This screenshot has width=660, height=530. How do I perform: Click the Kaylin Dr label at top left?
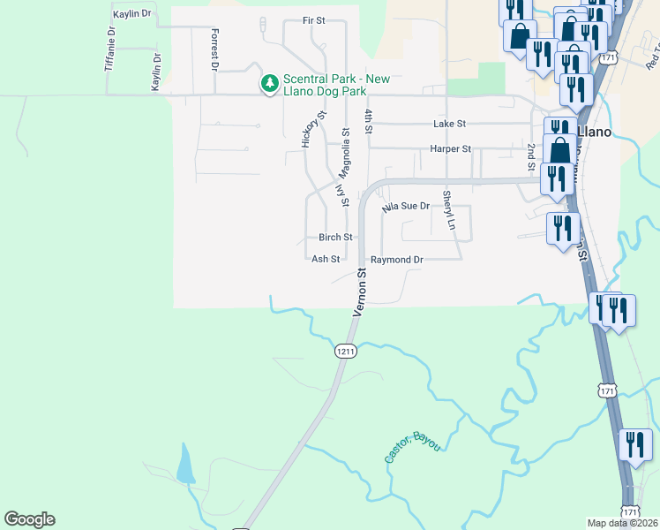coord(132,15)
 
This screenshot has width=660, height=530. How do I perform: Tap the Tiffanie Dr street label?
coord(110,49)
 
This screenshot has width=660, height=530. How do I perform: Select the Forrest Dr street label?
coord(214,49)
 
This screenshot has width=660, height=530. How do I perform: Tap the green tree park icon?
coord(269,85)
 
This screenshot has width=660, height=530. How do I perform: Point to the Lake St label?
coord(449,125)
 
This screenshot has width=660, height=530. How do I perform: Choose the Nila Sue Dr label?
coord(405,207)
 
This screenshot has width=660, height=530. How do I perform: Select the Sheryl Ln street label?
coord(448,210)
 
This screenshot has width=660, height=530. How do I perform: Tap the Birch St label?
coord(335,238)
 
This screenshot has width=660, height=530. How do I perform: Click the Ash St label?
coord(326,260)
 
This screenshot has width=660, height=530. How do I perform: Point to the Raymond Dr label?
coord(397,260)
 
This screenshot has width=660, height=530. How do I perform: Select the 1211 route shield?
coord(346,352)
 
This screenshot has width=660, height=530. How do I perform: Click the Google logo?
coord(29,519)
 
